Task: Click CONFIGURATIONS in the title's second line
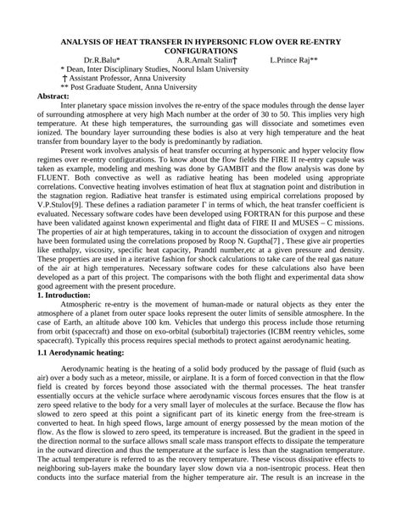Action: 202,51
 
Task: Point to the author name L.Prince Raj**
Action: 294,61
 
